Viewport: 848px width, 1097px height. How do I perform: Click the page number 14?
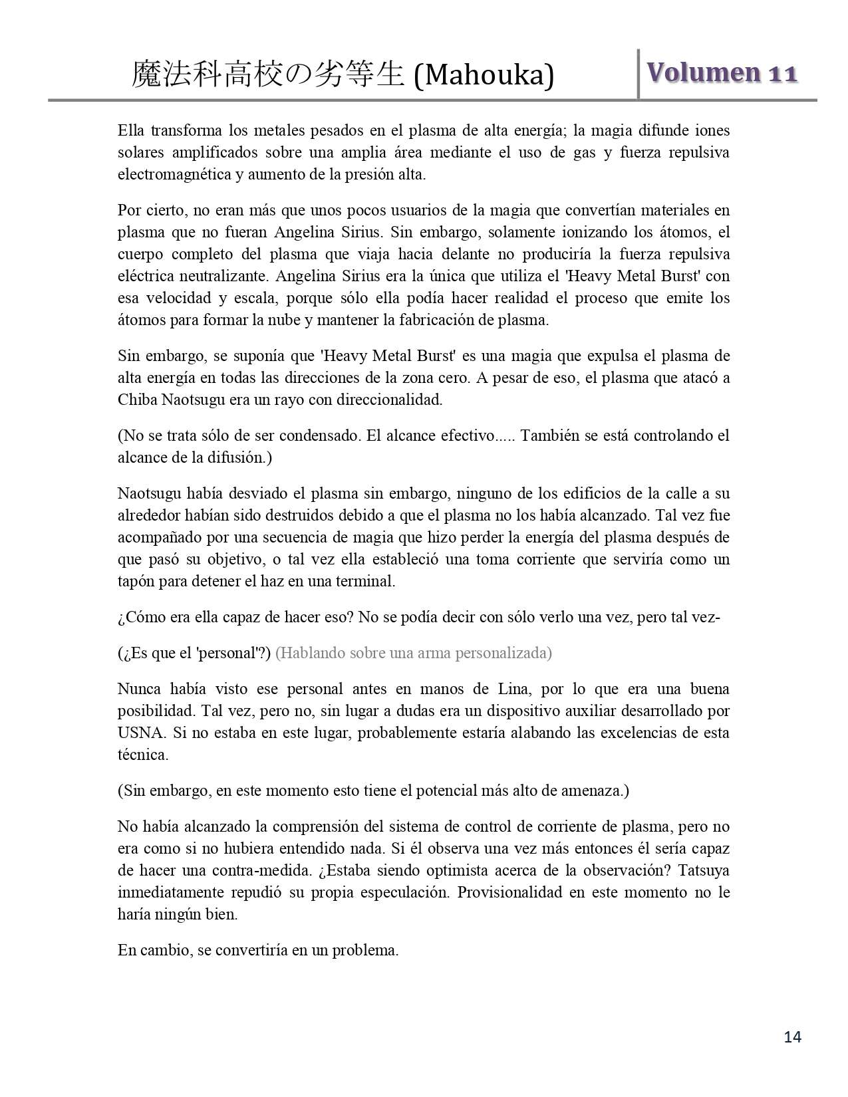pos(793,1036)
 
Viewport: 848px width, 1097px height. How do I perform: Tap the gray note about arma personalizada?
pos(414,653)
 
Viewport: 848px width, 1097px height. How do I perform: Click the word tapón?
pos(135,581)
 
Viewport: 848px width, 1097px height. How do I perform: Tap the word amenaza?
pos(595,791)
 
